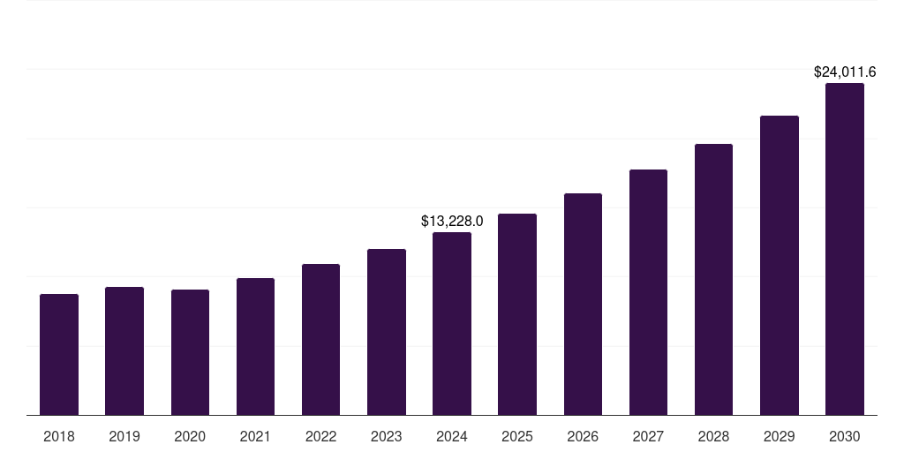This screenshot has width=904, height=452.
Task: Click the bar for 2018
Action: point(59,354)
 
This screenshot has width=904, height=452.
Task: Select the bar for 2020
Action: point(190,352)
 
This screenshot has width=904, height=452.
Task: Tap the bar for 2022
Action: point(320,339)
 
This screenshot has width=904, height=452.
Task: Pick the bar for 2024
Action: point(452,323)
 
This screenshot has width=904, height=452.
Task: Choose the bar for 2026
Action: point(583,304)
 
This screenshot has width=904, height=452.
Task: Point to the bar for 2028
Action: point(713,279)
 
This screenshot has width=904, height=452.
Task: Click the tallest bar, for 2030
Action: point(845,249)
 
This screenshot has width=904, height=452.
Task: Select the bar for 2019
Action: point(124,350)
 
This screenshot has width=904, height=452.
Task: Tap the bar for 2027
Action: point(648,292)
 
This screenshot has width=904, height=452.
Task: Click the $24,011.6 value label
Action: point(845,72)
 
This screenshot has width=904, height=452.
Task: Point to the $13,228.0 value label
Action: point(452,221)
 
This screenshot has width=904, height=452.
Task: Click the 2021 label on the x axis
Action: point(255,436)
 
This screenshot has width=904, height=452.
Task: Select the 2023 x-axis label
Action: point(386,436)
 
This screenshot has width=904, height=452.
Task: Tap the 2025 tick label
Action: point(517,436)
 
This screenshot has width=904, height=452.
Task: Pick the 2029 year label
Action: point(779,436)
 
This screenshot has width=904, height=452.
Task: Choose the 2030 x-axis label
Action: point(845,436)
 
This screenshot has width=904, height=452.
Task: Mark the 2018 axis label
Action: point(59,436)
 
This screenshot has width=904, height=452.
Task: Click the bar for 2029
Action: point(779,265)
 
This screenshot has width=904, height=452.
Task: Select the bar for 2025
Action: point(517,314)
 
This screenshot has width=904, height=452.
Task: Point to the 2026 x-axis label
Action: point(583,436)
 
